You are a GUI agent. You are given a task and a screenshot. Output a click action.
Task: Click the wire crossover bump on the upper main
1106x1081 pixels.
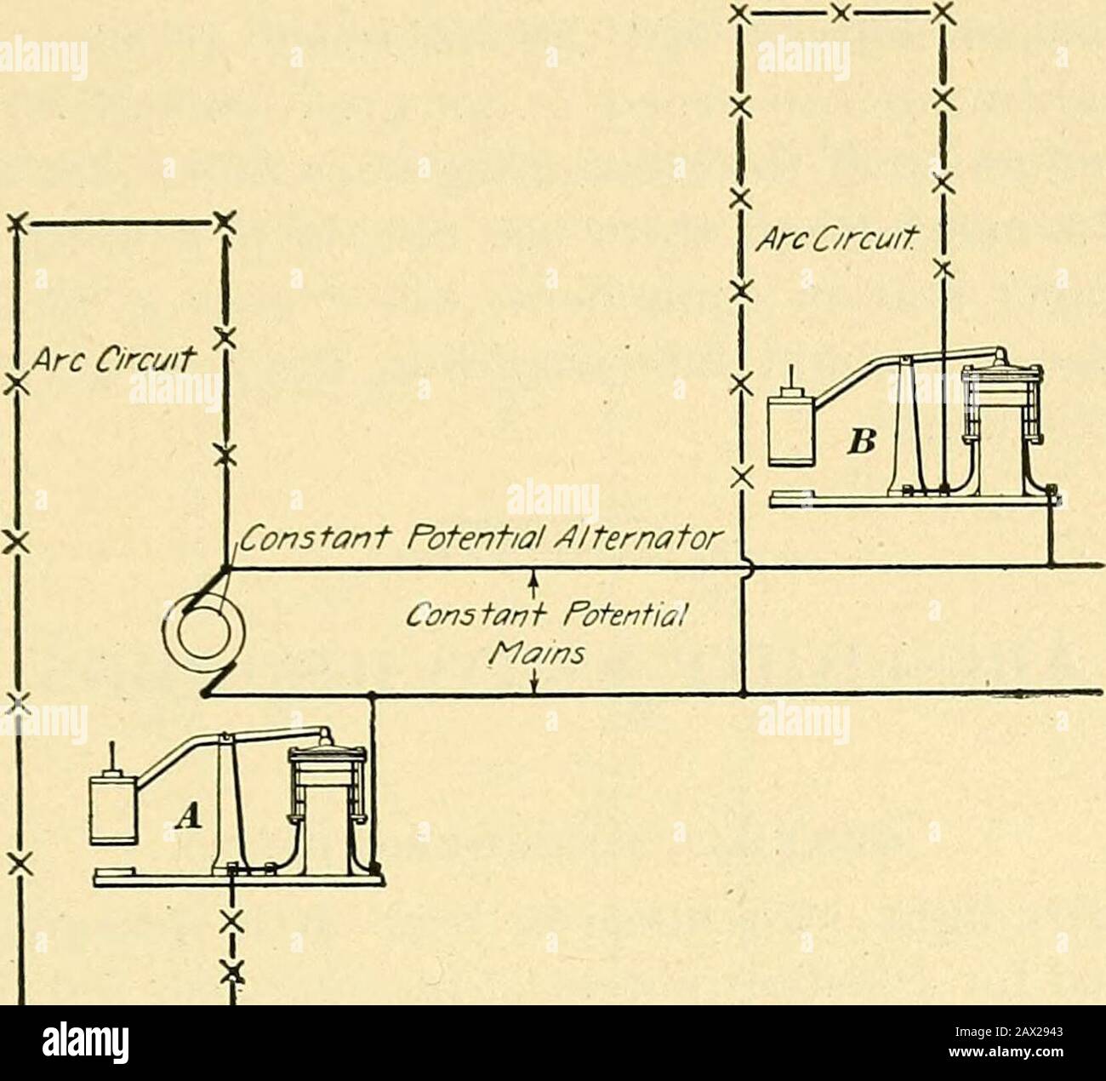(747, 567)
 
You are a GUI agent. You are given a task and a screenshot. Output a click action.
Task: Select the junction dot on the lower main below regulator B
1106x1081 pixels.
(744, 693)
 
